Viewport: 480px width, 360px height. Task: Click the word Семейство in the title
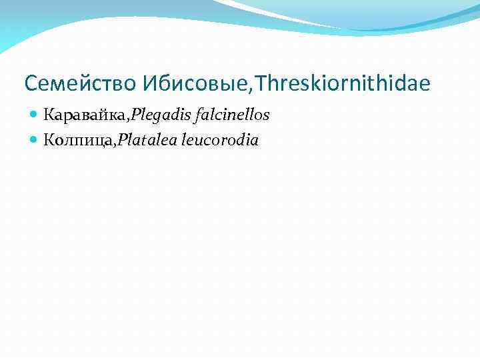tap(80, 84)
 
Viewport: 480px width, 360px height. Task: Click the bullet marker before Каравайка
tap(35, 115)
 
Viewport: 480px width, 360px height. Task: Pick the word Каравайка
tap(85, 115)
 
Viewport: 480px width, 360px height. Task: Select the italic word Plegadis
tap(159, 115)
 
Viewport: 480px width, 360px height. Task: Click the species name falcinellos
tap(231, 115)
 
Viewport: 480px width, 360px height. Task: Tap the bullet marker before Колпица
tap(35, 140)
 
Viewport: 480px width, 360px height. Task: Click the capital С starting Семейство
tap(30, 84)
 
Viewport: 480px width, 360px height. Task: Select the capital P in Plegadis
tap(136, 115)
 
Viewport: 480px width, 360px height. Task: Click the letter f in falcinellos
tap(194, 115)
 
